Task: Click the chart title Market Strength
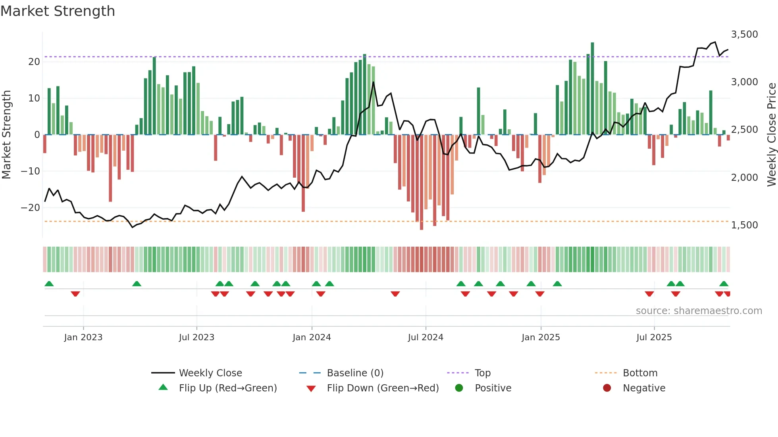[x=58, y=11]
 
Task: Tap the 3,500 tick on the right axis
[x=744, y=34]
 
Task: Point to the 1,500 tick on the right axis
[x=744, y=225]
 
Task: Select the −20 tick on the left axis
[x=31, y=208]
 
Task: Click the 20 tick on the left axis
[x=34, y=62]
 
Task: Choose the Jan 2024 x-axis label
[x=312, y=337]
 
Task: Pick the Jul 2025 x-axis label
[x=654, y=337]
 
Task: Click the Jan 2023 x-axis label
[x=83, y=337]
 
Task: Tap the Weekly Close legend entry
[x=210, y=373]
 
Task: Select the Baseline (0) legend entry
[x=355, y=373]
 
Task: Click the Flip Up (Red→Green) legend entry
[x=227, y=388]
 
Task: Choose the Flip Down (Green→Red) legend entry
[x=383, y=388]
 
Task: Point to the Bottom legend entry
[x=640, y=373]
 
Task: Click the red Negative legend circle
[x=607, y=388]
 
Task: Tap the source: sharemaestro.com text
[x=699, y=311]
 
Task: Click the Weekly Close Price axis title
[x=771, y=135]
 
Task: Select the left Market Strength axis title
[x=7, y=135]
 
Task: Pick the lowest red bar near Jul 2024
[x=422, y=182]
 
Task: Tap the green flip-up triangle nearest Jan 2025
[x=531, y=284]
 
